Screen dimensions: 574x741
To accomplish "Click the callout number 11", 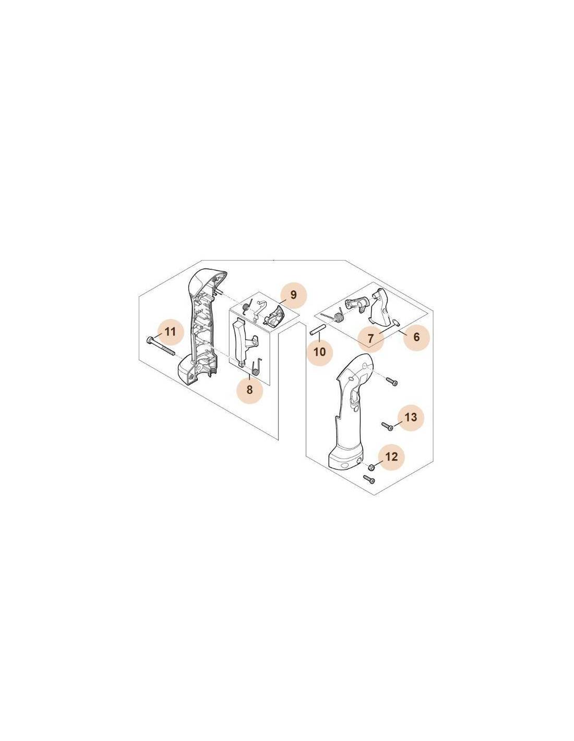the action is tap(170, 331).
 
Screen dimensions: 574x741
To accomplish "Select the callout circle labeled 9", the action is tap(294, 294).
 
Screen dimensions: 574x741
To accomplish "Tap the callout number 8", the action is tap(249, 390).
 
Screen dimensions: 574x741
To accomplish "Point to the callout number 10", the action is tap(319, 352).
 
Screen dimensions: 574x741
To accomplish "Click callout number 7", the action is tap(371, 338).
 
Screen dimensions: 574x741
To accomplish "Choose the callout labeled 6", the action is tap(416, 337).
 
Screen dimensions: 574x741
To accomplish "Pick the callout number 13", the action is tap(411, 417).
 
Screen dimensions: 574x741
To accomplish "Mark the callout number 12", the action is tap(392, 456).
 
